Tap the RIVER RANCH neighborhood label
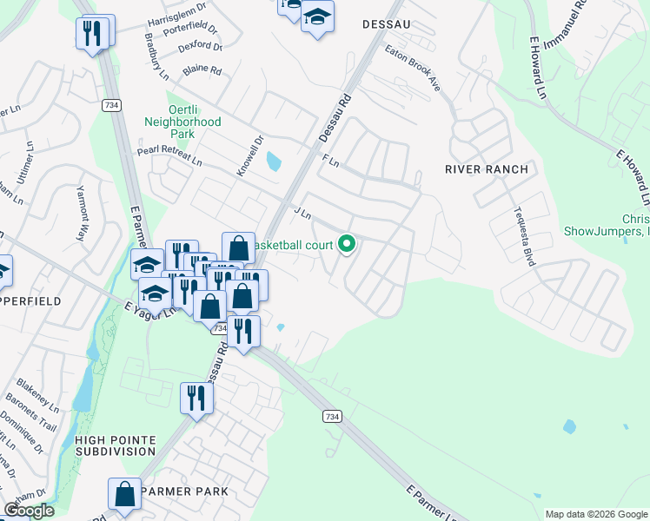click(x=486, y=169)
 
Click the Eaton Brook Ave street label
click(x=413, y=69)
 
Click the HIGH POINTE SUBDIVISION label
click(x=114, y=445)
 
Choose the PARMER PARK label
click(x=184, y=491)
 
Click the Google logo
click(x=29, y=511)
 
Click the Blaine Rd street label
click(x=202, y=69)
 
